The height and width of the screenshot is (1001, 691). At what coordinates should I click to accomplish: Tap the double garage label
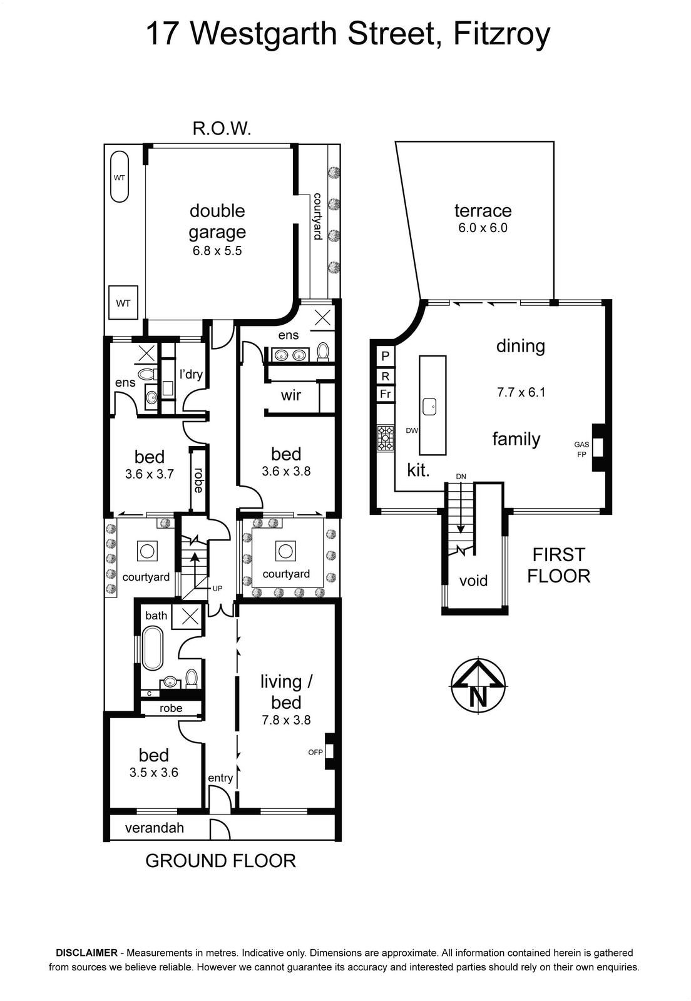(217, 221)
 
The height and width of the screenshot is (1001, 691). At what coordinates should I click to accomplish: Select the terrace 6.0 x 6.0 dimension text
(483, 228)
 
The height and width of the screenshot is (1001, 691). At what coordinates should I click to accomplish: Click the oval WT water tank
(119, 177)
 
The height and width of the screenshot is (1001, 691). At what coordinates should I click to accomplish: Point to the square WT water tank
(123, 303)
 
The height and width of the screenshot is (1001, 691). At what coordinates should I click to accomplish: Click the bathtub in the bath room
(153, 648)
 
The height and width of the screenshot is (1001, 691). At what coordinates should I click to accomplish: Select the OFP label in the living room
(315, 752)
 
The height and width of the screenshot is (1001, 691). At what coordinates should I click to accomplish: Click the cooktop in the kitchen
(386, 437)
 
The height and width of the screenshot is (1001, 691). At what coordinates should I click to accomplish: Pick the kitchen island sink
(430, 406)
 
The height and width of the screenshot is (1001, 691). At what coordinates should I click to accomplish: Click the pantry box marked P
(386, 356)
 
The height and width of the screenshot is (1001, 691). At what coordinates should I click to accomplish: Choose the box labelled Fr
(386, 394)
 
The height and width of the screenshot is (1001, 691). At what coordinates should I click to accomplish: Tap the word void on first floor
(473, 581)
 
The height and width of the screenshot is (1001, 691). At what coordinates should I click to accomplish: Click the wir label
(291, 395)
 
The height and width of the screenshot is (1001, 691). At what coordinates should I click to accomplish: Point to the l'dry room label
(191, 374)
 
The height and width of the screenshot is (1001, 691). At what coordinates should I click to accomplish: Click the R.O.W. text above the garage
(222, 129)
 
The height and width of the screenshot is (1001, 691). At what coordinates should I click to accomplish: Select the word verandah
(155, 828)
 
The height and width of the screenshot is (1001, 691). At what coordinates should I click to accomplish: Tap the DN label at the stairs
(461, 477)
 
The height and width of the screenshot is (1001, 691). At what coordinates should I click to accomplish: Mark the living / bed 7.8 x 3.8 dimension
(287, 720)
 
